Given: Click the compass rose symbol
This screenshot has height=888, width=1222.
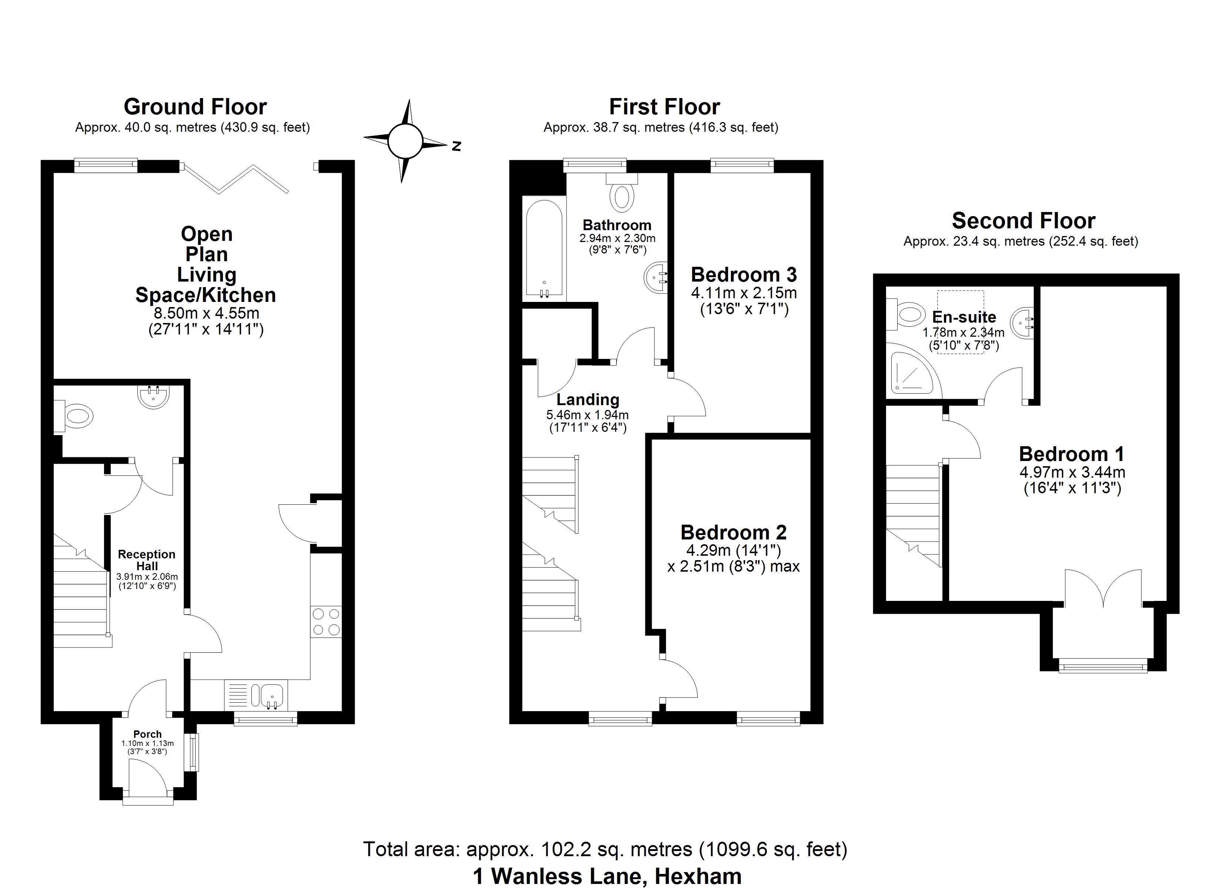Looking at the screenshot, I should (405, 141).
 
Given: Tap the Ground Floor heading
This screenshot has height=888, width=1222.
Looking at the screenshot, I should (195, 107).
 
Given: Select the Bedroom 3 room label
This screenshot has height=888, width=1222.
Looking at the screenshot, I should (744, 275).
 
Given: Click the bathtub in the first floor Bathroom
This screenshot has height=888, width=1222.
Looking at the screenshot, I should (544, 249).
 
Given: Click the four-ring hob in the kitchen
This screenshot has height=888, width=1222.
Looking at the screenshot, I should (326, 622).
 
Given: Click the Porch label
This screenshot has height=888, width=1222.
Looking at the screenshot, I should (147, 734).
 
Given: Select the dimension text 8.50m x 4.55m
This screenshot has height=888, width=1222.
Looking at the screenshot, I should (206, 313).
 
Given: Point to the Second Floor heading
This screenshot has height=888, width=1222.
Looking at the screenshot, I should (1023, 221).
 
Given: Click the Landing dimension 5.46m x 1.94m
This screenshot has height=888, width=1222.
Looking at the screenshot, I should (587, 415).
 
